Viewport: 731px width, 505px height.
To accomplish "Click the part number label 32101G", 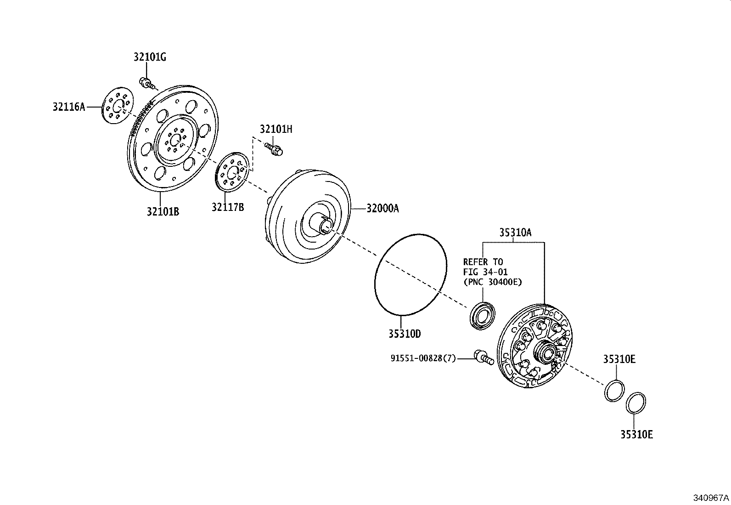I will pos(150,57).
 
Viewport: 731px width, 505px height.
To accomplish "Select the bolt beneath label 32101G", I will pos(146,83).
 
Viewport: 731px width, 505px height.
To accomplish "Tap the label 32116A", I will pos(69,107).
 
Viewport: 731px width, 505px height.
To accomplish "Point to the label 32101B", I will pos(163,212).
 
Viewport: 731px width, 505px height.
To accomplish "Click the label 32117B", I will pos(228,207).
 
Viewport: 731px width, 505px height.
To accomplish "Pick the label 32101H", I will pos(276,129).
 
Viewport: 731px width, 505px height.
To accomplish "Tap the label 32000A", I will pos(382,209).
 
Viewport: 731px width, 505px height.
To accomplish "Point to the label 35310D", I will pos(405,334).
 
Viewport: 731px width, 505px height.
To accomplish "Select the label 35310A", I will pos(515,233).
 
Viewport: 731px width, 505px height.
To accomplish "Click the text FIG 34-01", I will pos(485,272).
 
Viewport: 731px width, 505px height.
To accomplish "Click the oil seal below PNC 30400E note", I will pos(482,316).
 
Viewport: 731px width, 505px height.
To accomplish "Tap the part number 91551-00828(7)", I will pos(423,358).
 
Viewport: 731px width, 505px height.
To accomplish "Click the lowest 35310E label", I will pos(636,434).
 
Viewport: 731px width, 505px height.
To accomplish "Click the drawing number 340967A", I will pos(711,498).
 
